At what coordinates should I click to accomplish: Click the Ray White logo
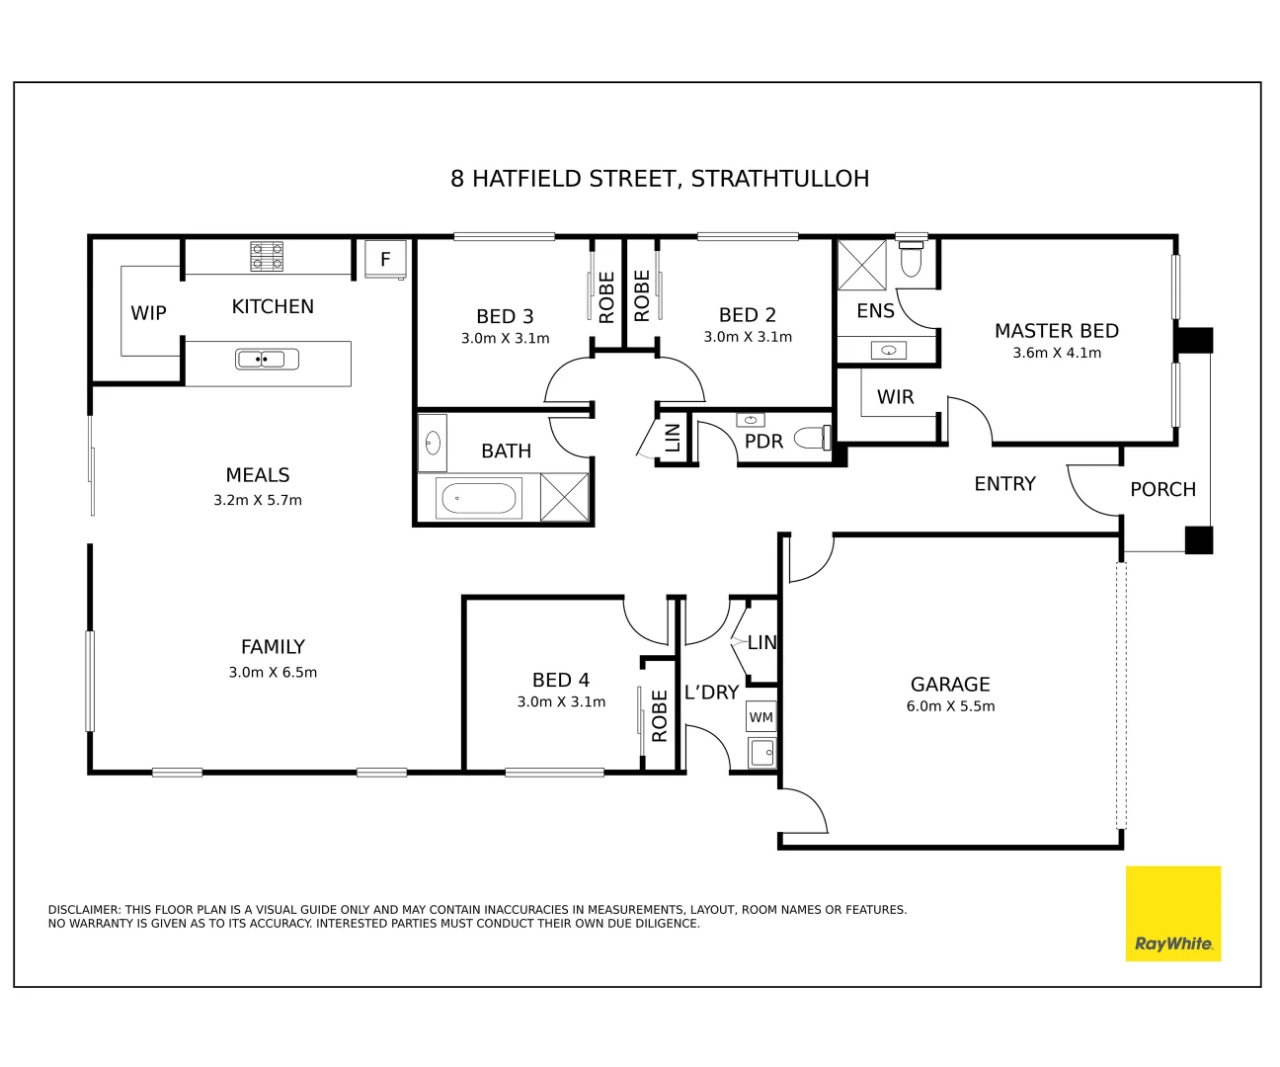tap(1172, 914)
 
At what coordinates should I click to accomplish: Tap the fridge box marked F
tap(385, 259)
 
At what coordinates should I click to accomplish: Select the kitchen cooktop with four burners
tap(267, 257)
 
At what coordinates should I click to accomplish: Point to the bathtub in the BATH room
tap(479, 498)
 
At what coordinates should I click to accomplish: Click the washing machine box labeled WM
tap(760, 717)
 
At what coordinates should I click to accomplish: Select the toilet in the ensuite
tap(911, 261)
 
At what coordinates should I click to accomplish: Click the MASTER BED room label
tap(1056, 331)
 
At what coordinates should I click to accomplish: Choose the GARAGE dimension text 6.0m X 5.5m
tap(950, 706)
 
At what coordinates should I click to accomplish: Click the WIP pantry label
tap(148, 313)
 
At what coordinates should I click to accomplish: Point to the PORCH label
tap(1162, 489)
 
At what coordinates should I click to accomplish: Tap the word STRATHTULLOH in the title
tap(779, 179)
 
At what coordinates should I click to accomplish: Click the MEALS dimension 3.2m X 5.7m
tap(258, 500)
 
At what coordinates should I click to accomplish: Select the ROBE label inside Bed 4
tap(660, 716)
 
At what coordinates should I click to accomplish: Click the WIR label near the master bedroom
tap(895, 397)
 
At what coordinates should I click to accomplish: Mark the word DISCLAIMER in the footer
tap(83, 910)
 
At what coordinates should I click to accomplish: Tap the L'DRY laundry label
tap(711, 693)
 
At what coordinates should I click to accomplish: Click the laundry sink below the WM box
tap(761, 754)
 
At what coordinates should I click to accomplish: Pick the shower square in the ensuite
tap(861, 264)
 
